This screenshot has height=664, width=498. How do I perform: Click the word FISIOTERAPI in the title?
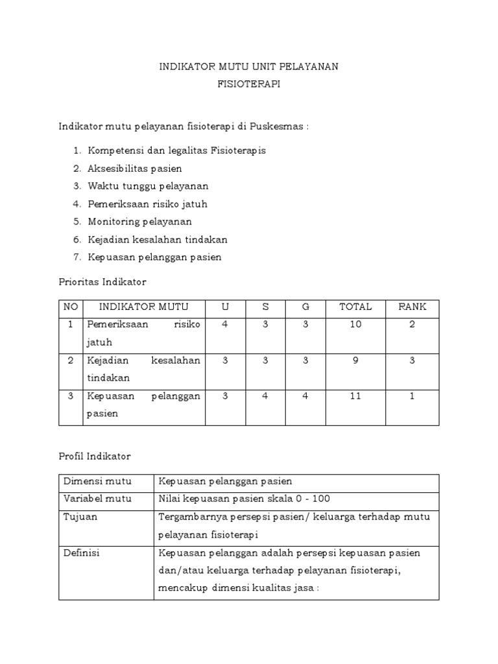click(249, 85)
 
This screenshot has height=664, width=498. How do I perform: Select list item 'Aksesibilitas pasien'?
click(135, 169)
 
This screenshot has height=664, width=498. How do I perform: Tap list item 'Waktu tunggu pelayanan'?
click(148, 186)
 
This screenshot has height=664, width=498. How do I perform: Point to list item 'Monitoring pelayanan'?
click(139, 222)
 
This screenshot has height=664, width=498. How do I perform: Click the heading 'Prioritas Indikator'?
click(102, 282)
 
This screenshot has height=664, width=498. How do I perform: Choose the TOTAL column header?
click(355, 307)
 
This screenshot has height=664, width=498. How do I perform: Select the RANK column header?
click(412, 307)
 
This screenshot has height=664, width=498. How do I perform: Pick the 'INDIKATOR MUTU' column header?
click(144, 307)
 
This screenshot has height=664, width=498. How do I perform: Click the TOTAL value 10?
click(355, 325)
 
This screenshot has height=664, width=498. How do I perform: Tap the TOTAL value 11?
click(355, 396)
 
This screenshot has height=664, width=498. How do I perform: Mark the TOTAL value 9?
click(355, 361)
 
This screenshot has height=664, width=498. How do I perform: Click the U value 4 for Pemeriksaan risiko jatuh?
click(225, 325)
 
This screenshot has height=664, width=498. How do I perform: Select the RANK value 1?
click(412, 396)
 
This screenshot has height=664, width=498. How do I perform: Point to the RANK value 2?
click(412, 325)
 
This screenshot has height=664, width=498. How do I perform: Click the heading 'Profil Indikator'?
click(95, 456)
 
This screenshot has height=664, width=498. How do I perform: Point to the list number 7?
click(76, 257)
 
